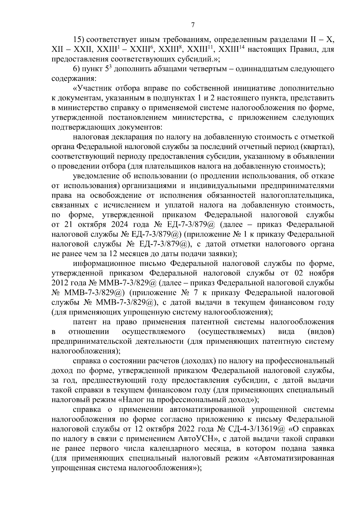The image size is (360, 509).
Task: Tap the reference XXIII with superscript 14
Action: pos(230,49)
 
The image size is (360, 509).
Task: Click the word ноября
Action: pos(322,273)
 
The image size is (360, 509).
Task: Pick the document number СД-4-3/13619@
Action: pos(255,429)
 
